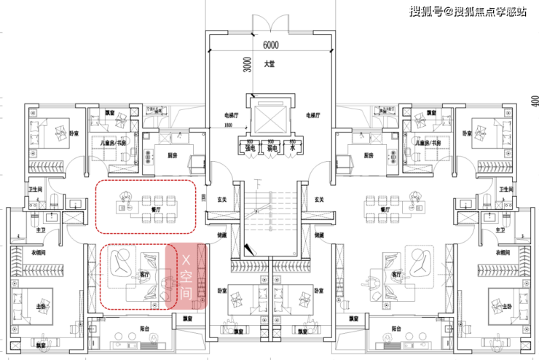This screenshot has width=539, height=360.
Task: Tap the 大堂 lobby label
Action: pos(269,64)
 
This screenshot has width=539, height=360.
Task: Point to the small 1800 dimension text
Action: pos(228,125)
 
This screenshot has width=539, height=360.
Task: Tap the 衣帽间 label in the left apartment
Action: pos(38,253)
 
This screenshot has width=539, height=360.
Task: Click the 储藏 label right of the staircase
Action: pos(318,235)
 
